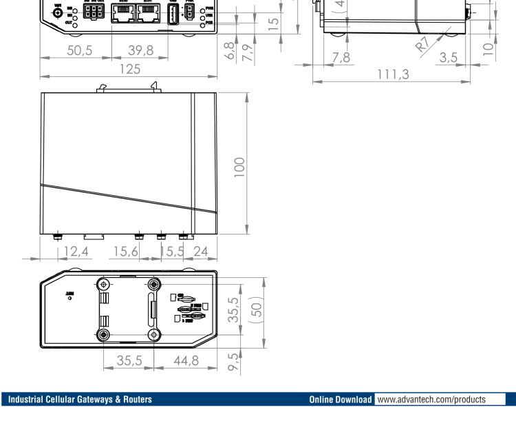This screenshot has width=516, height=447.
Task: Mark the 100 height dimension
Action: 239,165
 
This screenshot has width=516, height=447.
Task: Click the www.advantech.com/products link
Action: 440,400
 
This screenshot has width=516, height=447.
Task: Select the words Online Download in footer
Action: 341,400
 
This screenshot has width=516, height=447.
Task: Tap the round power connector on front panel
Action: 57,13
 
